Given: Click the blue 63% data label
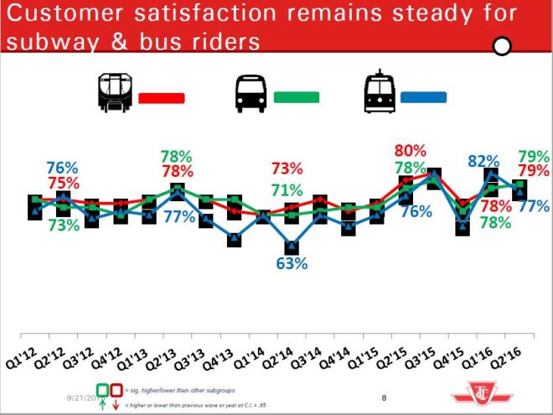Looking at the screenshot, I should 292,263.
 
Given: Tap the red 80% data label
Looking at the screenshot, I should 410,152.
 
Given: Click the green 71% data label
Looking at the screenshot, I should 287,189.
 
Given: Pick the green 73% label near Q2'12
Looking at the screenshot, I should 64,224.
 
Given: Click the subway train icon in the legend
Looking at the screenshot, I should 114,92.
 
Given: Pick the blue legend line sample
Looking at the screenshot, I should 426,97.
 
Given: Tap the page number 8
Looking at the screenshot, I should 384,397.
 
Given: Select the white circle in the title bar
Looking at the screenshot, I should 502,46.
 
